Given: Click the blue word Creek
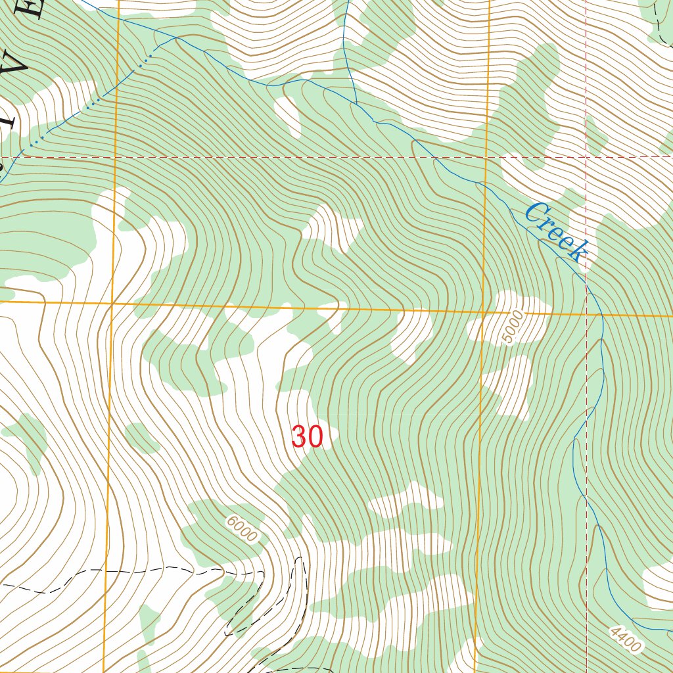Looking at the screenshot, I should click(555, 232).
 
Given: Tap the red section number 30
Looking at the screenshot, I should click(307, 437).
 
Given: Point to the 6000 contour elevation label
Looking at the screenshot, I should click(241, 528).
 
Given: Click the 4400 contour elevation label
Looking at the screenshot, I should click(624, 639).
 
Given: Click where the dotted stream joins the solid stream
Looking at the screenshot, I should click(176, 38).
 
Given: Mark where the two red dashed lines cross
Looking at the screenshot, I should click(586, 157).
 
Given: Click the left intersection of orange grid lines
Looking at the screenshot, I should click(112, 305).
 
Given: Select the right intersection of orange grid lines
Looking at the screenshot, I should click(483, 312).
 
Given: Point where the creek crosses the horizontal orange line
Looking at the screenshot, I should click(602, 315).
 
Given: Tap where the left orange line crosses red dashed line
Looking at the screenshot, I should click(116, 157).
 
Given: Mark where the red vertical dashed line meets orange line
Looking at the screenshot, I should click(586, 315).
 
